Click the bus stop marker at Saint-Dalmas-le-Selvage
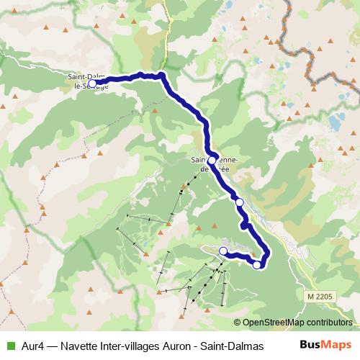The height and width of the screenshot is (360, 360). point(92,84)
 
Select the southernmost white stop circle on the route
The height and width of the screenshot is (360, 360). point(257,265)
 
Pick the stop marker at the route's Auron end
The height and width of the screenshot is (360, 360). point(223,251)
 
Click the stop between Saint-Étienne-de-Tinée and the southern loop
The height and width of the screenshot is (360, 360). point(240,202)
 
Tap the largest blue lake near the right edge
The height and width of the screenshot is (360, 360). point(336,120)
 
